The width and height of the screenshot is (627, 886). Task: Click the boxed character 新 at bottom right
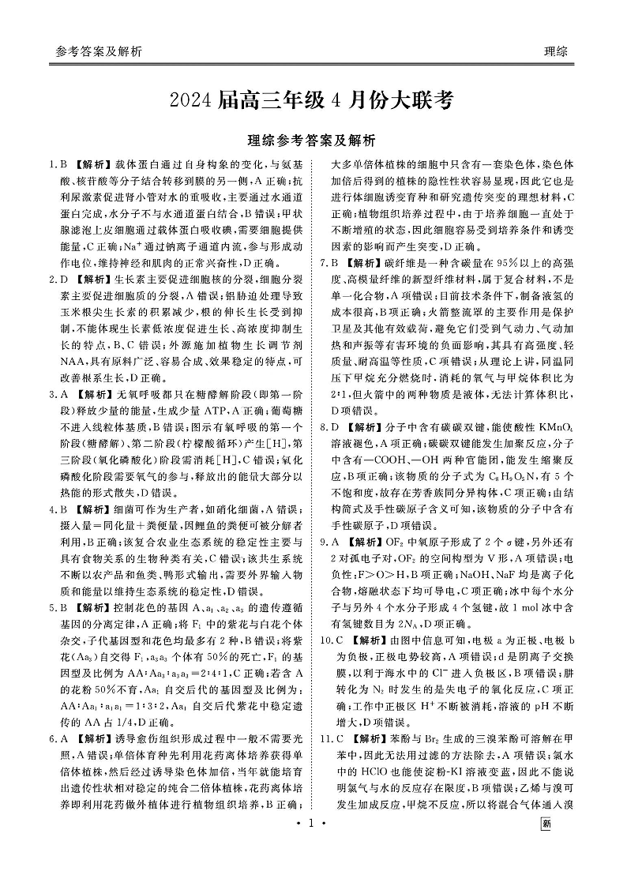tap(546, 867)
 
